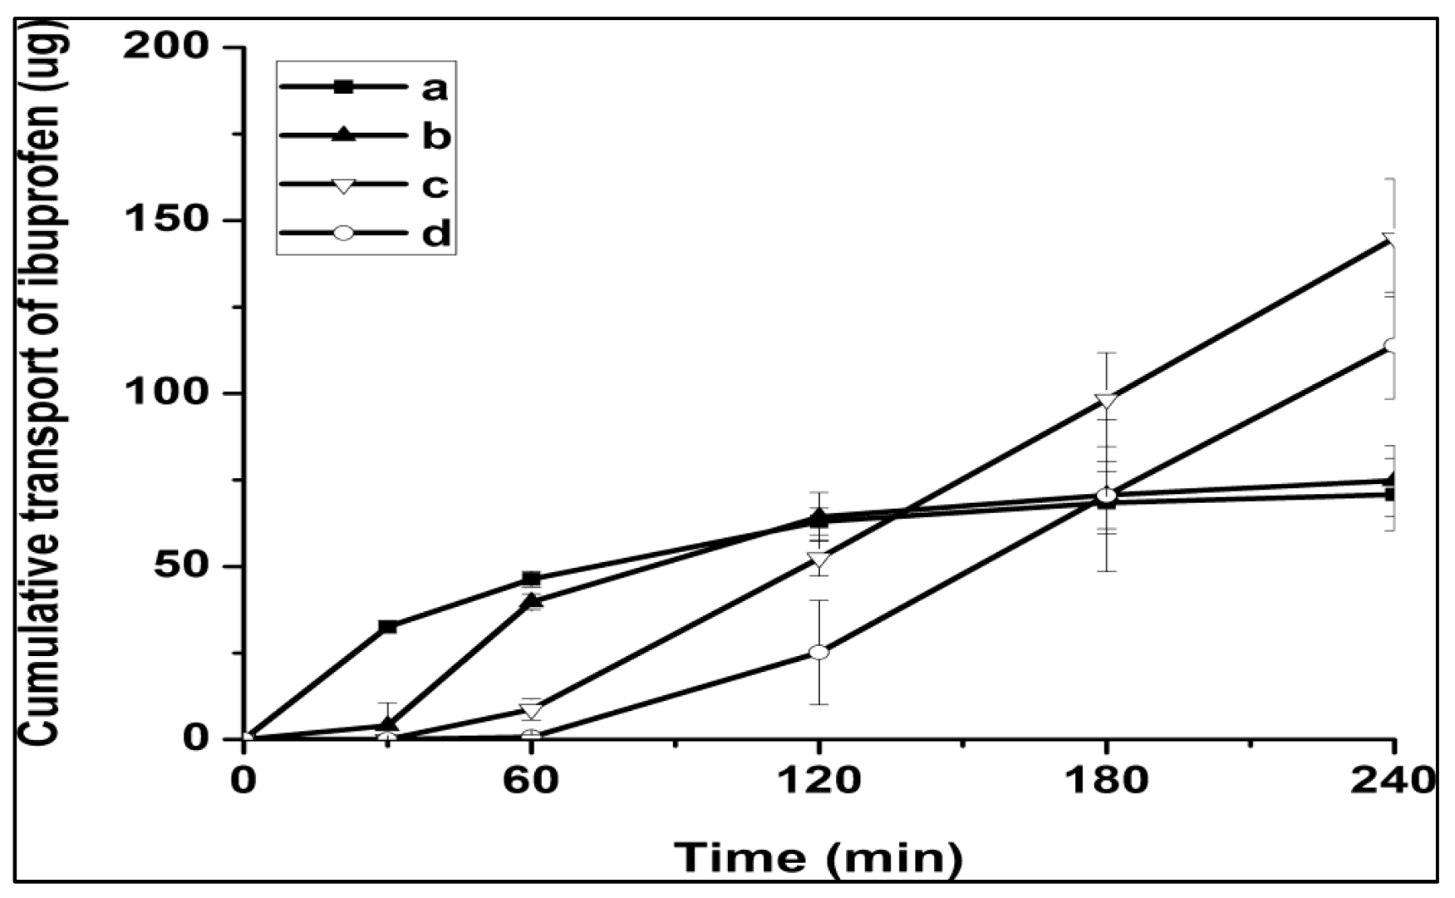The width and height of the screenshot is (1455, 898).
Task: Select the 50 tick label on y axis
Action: pos(179,566)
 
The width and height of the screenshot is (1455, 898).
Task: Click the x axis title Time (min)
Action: pos(818,857)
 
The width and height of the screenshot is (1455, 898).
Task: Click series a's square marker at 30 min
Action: pos(387,626)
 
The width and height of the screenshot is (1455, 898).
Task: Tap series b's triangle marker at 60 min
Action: pos(532,601)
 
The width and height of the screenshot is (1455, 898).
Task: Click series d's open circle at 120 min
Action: pos(819,652)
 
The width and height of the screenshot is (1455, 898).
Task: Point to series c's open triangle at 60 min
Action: pos(532,710)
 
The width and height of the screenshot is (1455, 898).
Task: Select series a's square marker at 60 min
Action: pos(532,579)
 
